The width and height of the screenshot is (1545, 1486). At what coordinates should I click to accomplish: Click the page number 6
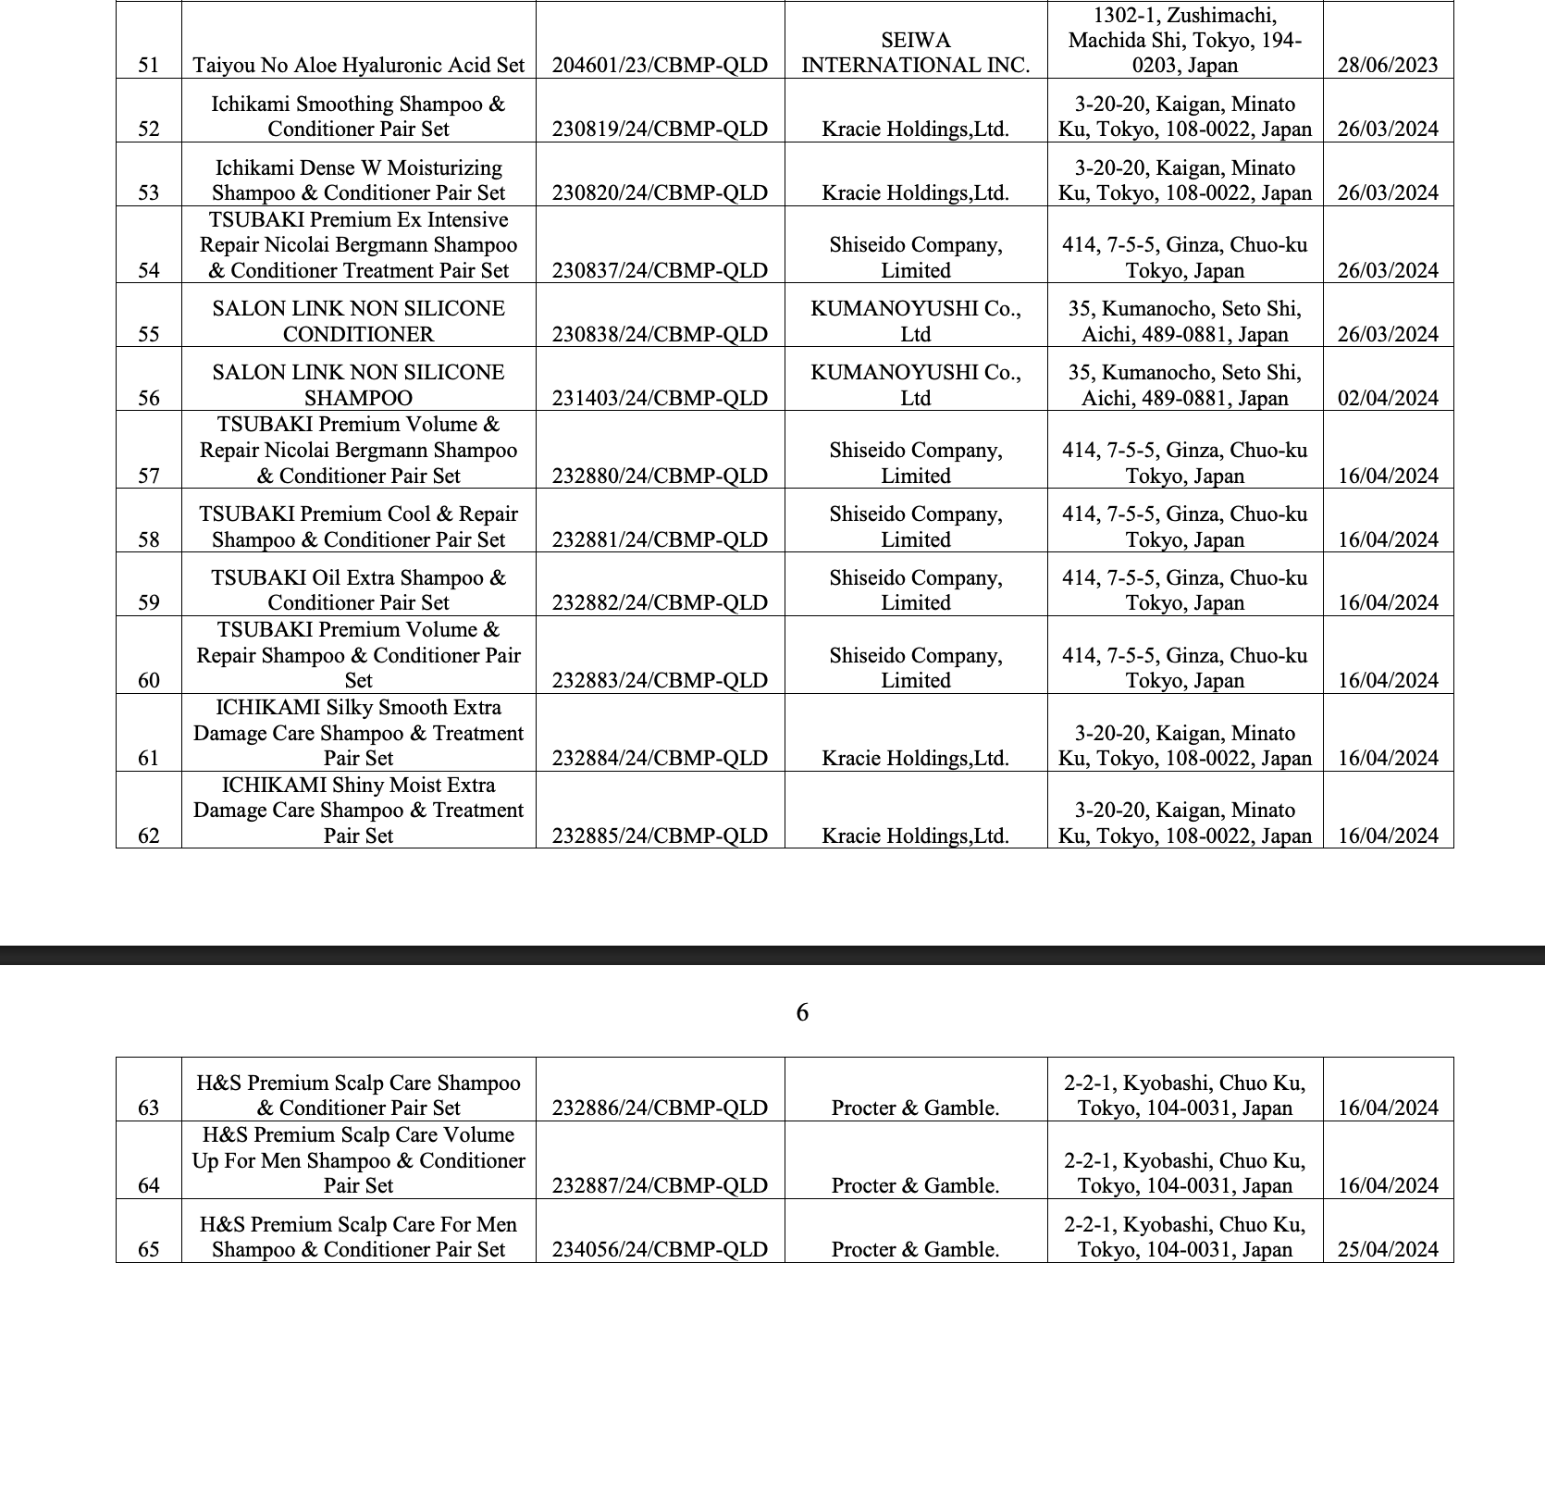(x=802, y=1013)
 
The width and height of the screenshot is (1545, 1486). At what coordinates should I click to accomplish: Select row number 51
(x=148, y=65)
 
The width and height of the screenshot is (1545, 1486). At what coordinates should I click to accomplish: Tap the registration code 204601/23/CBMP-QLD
(x=660, y=65)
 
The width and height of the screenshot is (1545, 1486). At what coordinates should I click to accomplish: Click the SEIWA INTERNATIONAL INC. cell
(x=915, y=53)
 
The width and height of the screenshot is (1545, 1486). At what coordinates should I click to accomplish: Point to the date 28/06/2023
(x=1388, y=65)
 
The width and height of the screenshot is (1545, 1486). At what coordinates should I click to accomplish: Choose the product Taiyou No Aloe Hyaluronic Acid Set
(x=359, y=65)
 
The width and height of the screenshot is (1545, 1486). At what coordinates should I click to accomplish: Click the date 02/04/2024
(x=1388, y=398)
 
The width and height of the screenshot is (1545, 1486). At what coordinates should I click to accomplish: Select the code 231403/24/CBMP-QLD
(x=660, y=398)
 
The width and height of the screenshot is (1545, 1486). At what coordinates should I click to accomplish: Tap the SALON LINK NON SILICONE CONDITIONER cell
(x=359, y=321)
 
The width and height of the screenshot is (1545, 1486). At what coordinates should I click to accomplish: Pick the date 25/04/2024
(x=1388, y=1249)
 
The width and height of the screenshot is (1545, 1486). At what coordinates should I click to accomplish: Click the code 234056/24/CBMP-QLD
(x=660, y=1249)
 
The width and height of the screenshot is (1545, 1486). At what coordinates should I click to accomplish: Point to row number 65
(x=148, y=1249)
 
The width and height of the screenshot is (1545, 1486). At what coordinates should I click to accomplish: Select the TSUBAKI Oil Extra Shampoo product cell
(x=359, y=590)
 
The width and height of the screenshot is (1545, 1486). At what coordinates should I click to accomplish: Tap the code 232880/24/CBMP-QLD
(x=660, y=476)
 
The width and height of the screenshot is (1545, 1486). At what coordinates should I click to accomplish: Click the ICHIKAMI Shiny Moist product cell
(x=359, y=811)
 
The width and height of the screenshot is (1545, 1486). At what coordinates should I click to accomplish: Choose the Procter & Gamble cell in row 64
(x=915, y=1185)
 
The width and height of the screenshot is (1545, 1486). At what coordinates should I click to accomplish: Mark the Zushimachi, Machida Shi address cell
(x=1185, y=41)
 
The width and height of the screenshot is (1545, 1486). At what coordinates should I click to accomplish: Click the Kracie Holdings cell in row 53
(x=915, y=192)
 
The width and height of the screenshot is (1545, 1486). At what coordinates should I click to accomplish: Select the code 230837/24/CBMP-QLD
(x=660, y=270)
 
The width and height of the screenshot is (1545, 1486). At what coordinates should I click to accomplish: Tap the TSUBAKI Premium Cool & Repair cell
(x=359, y=526)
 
